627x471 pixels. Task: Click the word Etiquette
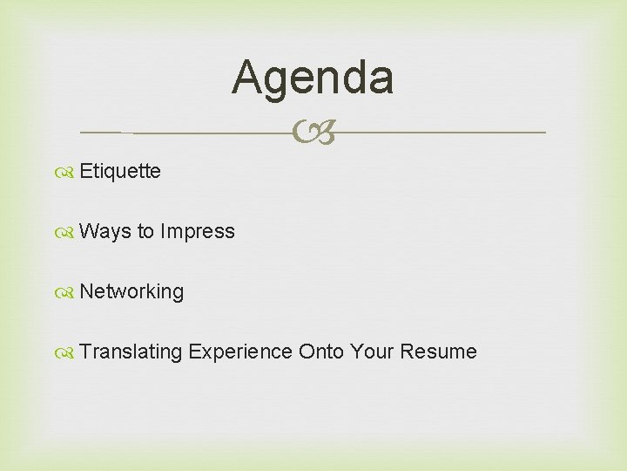click(x=120, y=171)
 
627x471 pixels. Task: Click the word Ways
click(x=104, y=231)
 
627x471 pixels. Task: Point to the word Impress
click(x=198, y=231)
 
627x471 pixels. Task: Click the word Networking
click(x=131, y=291)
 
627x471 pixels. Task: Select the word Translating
click(x=131, y=352)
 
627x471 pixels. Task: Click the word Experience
click(x=240, y=352)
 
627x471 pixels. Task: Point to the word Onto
click(x=321, y=352)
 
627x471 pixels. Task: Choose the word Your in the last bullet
click(x=372, y=352)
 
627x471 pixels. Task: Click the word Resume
click(x=438, y=352)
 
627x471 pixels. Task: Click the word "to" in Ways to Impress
click(x=145, y=231)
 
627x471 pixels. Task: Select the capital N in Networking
click(x=85, y=291)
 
